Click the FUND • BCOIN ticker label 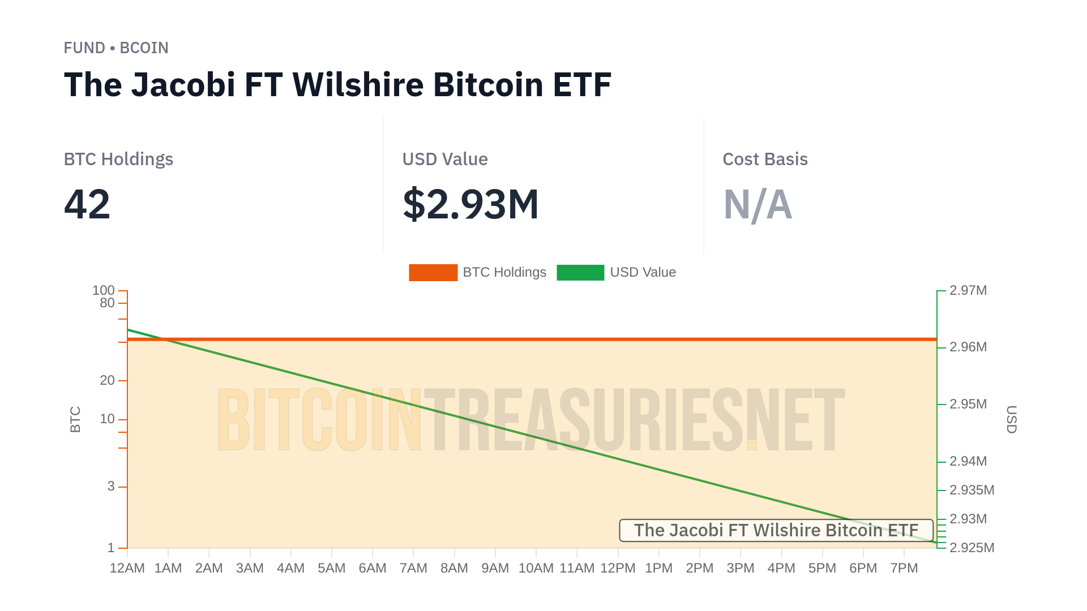pyautogui.click(x=116, y=48)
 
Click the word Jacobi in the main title pyautogui.click(x=183, y=85)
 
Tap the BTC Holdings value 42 pyautogui.click(x=87, y=204)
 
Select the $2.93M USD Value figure pyautogui.click(x=470, y=204)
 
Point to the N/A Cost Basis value pyautogui.click(x=758, y=204)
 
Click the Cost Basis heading pyautogui.click(x=765, y=160)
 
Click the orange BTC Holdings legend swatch pyautogui.click(x=433, y=273)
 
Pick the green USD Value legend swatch pyautogui.click(x=580, y=273)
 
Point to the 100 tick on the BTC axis pyautogui.click(x=104, y=290)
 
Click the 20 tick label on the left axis pyautogui.click(x=107, y=381)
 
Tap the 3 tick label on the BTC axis pyautogui.click(x=111, y=487)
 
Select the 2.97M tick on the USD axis pyautogui.click(x=968, y=291)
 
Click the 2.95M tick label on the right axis pyautogui.click(x=968, y=405)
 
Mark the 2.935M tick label pyautogui.click(x=972, y=490)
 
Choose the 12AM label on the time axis pyautogui.click(x=127, y=569)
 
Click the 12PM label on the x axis pyautogui.click(x=618, y=569)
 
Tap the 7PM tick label pyautogui.click(x=904, y=569)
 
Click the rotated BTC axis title pyautogui.click(x=75, y=419)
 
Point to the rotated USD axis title pyautogui.click(x=1012, y=419)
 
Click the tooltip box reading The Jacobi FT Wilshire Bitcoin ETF pyautogui.click(x=776, y=531)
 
